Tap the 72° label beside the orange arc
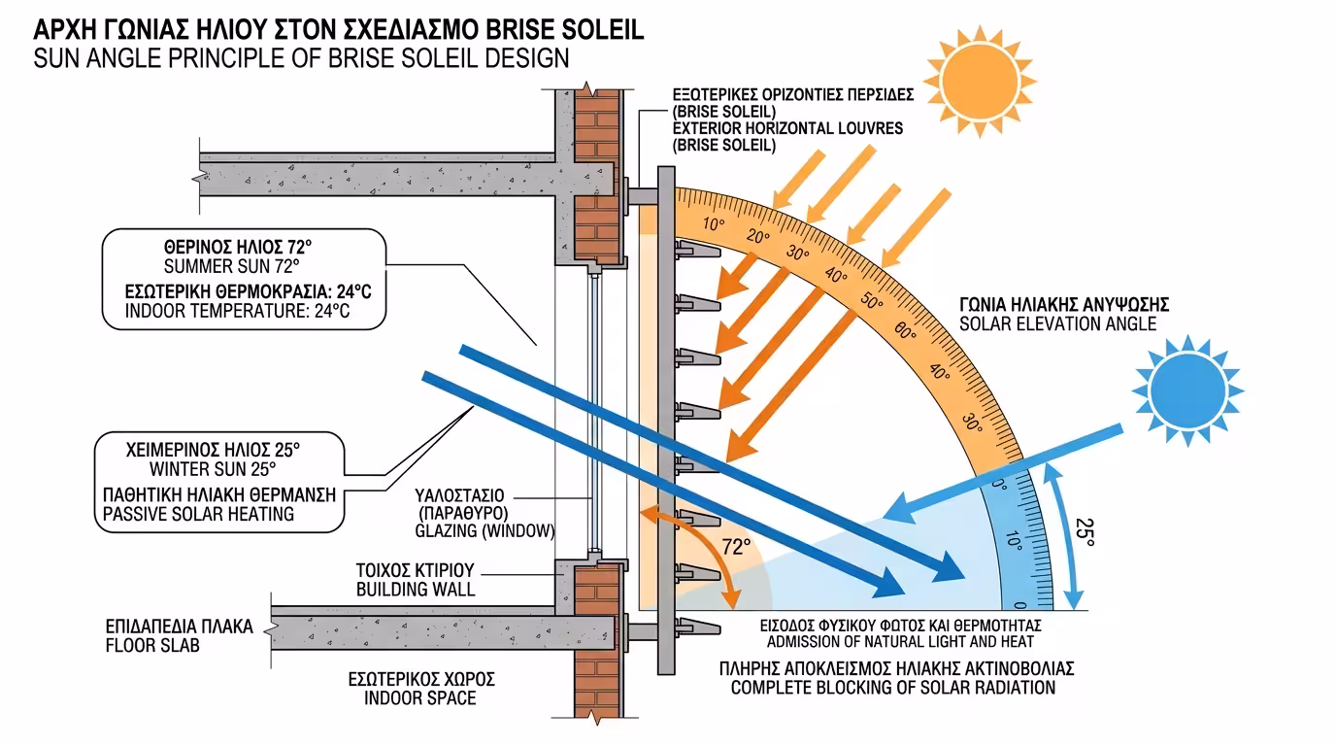(736, 547)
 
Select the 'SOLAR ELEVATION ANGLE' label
(1057, 323)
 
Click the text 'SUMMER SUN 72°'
(231, 265)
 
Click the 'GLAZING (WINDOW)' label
(484, 530)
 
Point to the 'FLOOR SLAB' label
(151, 645)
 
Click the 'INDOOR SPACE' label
(420, 697)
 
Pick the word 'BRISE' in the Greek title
(507, 28)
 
